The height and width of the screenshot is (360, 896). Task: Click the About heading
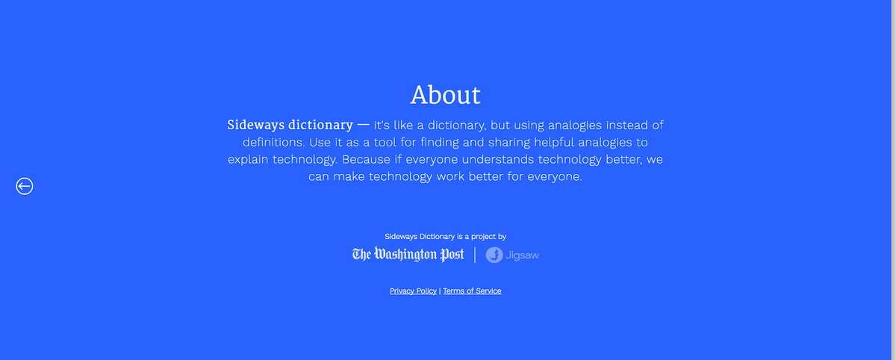pos(445,95)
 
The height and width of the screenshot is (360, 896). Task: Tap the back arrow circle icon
pos(25,186)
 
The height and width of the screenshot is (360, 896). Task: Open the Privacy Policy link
pos(413,291)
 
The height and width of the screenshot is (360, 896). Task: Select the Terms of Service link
pos(472,291)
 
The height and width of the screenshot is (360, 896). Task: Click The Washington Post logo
pos(408,255)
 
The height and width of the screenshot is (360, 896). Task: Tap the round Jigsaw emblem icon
pos(494,255)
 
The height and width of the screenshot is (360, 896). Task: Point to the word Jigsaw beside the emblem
pos(523,255)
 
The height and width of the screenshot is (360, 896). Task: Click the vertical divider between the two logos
pos(475,255)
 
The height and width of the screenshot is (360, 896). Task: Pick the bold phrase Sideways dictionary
pos(290,125)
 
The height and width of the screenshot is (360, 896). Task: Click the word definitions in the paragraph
pos(273,142)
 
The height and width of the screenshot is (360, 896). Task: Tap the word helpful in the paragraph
pos(554,143)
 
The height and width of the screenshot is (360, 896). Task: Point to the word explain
pos(248,160)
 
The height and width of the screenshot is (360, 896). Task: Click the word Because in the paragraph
pos(366,159)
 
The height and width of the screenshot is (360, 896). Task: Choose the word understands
pos(498,159)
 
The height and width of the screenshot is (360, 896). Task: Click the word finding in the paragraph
pos(439,142)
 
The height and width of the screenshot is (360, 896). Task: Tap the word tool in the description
pos(385,142)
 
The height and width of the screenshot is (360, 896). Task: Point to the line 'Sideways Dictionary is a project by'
pos(445,237)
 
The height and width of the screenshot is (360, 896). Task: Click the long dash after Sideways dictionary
pos(363,125)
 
